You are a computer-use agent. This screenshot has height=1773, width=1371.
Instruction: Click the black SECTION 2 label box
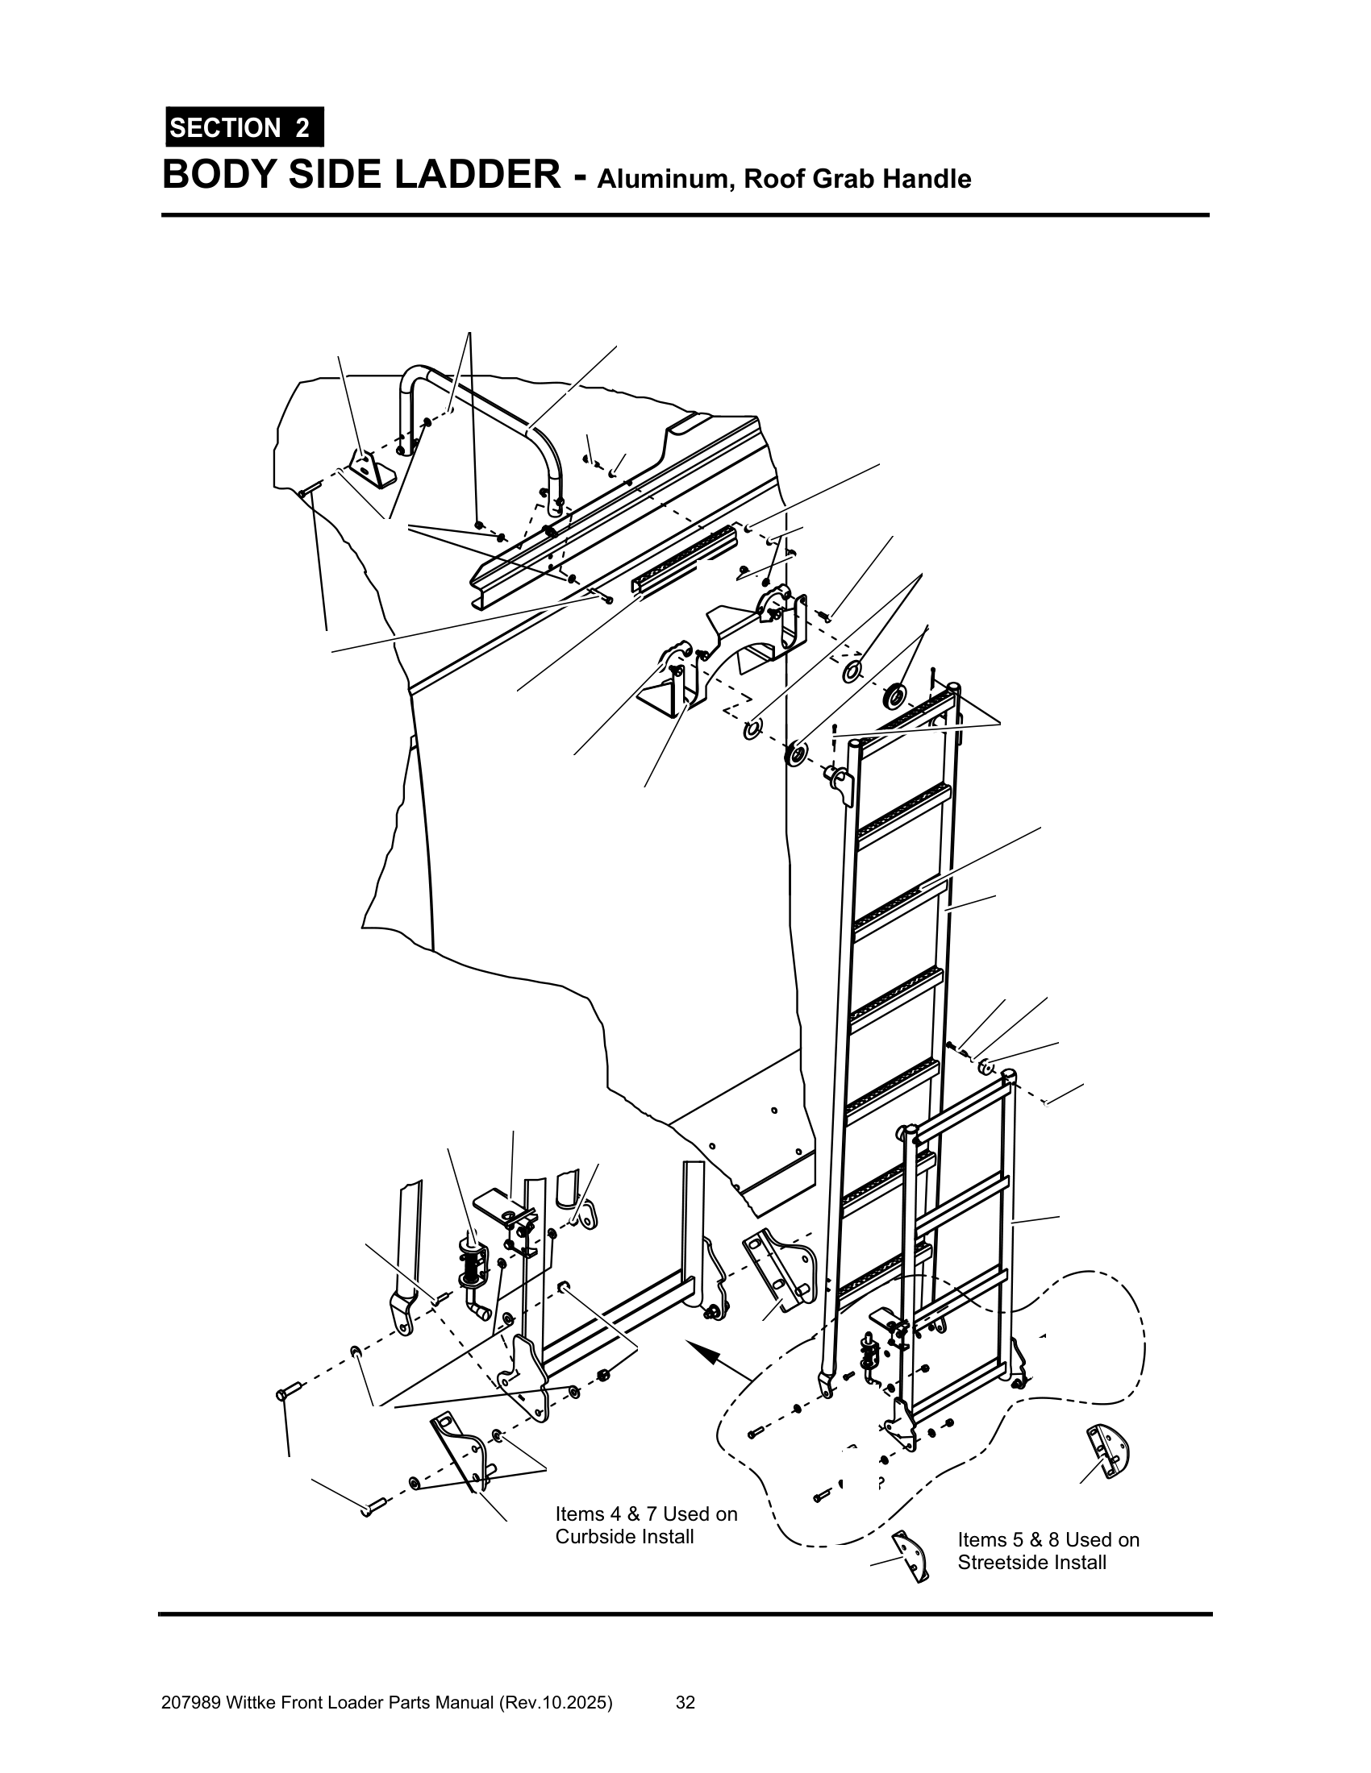pyautogui.click(x=244, y=127)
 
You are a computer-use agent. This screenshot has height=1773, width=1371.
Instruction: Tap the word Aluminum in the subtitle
pyautogui.click(x=665, y=179)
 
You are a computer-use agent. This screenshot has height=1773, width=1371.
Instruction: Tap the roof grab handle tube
pyautogui.click(x=487, y=401)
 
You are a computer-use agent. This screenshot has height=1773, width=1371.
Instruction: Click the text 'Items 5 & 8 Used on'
pyautogui.click(x=1048, y=1539)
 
